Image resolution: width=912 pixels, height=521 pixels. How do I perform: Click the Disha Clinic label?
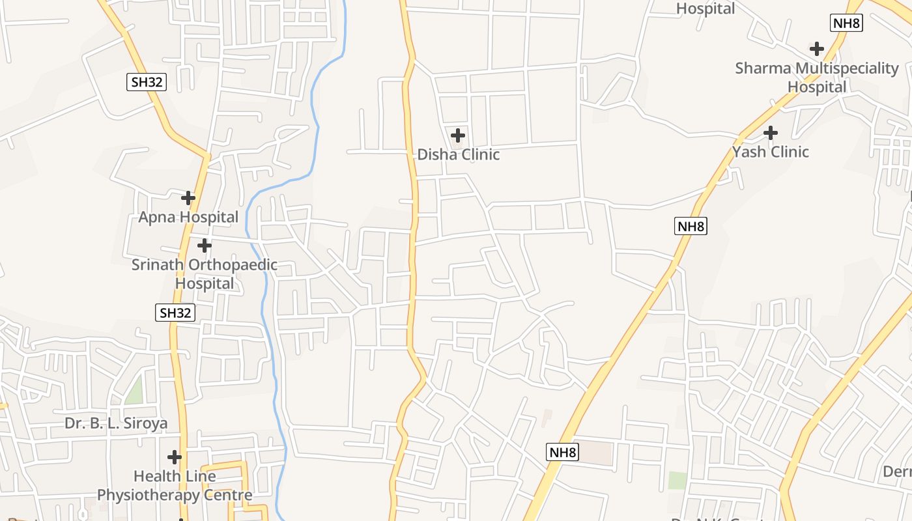point(458,154)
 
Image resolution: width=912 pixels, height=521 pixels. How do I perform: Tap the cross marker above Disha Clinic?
point(458,135)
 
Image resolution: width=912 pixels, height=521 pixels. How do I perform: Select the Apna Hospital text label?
point(188,217)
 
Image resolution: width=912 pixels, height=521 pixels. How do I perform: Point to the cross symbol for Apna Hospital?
point(188,197)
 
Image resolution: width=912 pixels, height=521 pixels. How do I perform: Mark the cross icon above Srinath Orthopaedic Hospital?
point(205,246)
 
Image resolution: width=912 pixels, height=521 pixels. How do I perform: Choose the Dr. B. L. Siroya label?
point(115,423)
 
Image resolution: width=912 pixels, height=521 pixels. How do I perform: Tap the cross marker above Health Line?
point(175,457)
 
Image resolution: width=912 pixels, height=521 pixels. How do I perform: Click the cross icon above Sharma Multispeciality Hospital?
point(816,49)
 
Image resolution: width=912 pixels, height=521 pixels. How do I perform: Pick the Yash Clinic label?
point(770,152)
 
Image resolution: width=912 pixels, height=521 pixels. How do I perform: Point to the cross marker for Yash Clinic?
point(770,133)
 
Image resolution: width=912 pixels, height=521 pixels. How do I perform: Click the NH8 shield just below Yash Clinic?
point(691,227)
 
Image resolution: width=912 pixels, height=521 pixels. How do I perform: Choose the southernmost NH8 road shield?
point(562,452)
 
